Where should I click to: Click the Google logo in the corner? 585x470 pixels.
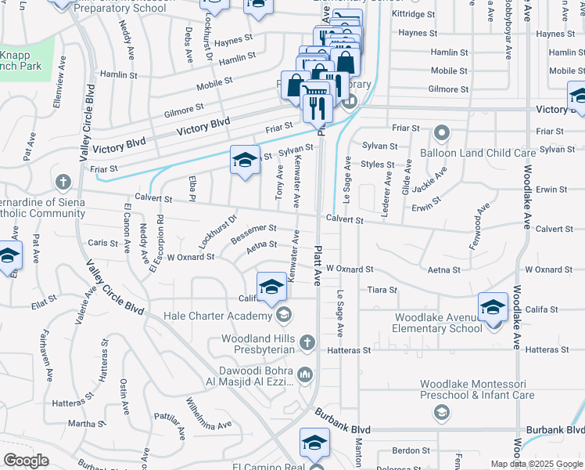coord(26,461)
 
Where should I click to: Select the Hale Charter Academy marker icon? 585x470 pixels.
coord(283,316)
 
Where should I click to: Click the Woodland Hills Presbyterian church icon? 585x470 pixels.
coord(307,342)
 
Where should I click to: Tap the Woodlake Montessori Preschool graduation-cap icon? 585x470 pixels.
coord(441,412)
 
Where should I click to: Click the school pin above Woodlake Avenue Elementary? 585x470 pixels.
coord(493,307)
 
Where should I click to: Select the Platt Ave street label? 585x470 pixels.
coord(318,265)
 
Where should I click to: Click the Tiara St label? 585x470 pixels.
coord(382,290)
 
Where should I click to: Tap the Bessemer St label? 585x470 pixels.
coord(253,232)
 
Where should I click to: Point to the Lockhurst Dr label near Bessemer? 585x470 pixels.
coord(208,231)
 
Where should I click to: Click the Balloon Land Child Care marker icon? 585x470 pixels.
coord(442,132)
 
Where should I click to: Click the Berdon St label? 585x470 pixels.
coord(407,450)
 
